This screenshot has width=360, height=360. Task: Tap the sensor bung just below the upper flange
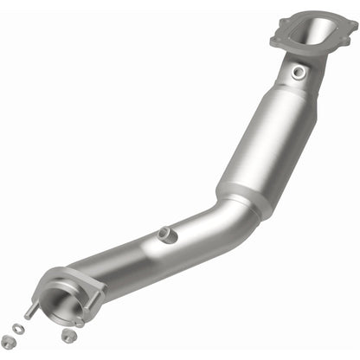299,73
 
